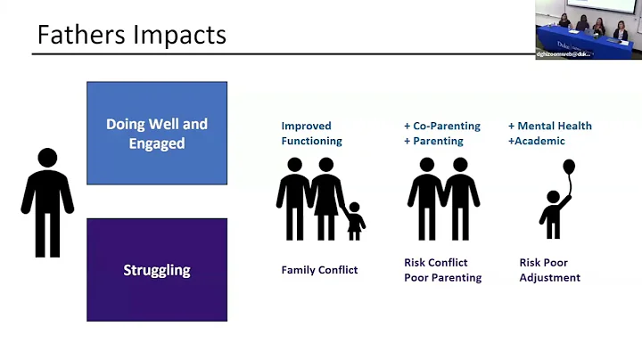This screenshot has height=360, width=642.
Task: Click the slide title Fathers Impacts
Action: click(131, 35)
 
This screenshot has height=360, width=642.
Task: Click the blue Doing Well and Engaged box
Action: click(157, 133)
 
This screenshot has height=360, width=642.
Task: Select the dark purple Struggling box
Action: click(157, 270)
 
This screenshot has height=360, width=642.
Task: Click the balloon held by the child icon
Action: click(569, 168)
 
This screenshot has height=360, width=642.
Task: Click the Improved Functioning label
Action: click(311, 133)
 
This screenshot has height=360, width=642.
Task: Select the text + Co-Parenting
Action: click(443, 126)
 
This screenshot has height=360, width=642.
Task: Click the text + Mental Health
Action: click(549, 126)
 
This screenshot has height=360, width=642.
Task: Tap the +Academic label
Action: click(536, 141)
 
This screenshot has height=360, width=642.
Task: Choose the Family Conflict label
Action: click(319, 270)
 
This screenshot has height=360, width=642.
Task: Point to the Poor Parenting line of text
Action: click(442, 277)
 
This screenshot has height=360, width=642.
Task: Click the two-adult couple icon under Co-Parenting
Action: click(443, 200)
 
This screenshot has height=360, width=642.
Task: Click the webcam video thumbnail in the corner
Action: click(588, 29)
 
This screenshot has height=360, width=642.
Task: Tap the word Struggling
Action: click(157, 270)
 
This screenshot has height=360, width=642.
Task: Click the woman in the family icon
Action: click(326, 199)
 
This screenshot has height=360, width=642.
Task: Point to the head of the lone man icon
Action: click(47, 158)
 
